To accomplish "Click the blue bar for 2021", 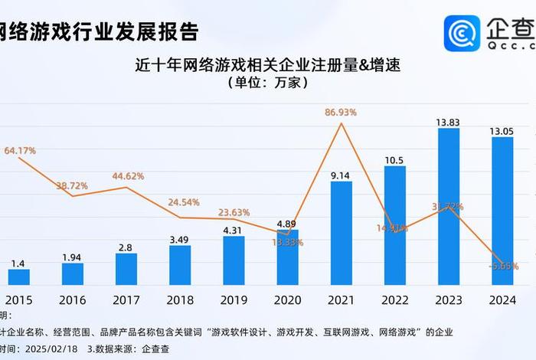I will point(342,233).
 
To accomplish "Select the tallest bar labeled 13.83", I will point(449,206).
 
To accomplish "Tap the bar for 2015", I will point(19,277).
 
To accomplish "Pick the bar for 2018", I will point(180,265).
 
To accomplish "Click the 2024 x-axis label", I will point(502,299).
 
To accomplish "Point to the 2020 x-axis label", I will point(287,299).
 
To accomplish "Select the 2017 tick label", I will point(126,299).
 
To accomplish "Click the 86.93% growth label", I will point(341,113).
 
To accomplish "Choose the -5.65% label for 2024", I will point(502,267).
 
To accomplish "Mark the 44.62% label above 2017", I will point(128,176).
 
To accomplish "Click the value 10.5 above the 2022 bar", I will point(395,159).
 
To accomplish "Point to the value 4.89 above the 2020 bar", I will point(287,224).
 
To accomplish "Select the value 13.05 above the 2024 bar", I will point(502,131).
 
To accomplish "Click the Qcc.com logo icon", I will point(462,33).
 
